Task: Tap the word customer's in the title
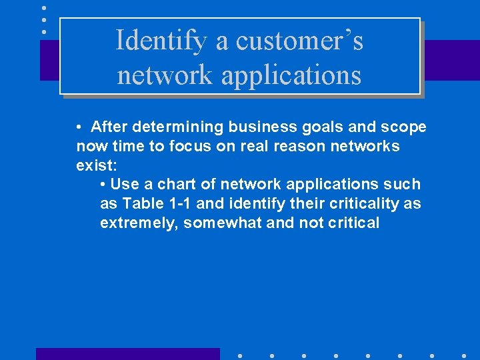tap(299, 41)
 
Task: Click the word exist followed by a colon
tap(97, 165)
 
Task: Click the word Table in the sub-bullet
tap(139, 203)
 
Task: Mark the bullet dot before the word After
tap(79, 127)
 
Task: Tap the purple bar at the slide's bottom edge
tap(127, 353)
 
